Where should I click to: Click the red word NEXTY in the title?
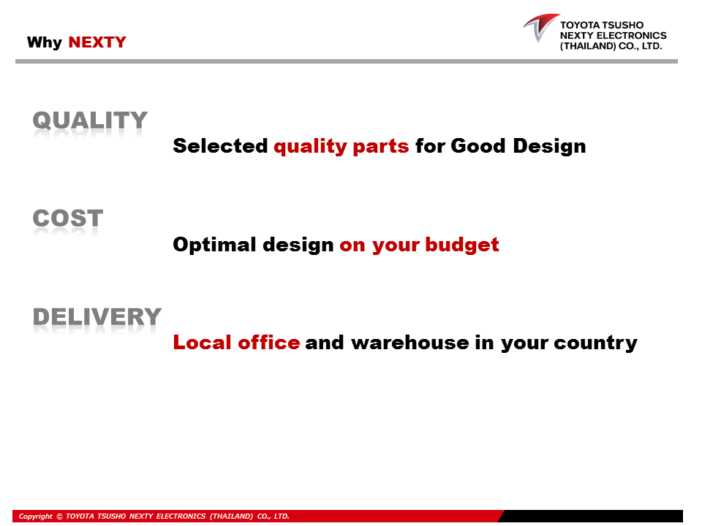click(x=97, y=42)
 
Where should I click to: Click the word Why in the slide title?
click(x=45, y=42)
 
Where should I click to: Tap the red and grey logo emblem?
click(x=540, y=27)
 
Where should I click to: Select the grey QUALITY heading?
click(x=90, y=121)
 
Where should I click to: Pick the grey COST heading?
click(x=68, y=218)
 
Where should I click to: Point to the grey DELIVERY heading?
click(x=97, y=316)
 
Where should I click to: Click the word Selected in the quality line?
click(x=220, y=146)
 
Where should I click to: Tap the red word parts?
click(x=380, y=147)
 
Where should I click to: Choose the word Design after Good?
click(x=549, y=147)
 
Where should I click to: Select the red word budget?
click(x=462, y=245)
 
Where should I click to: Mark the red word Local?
click(x=202, y=343)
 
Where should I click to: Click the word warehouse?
click(x=409, y=343)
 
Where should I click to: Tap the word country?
click(x=595, y=343)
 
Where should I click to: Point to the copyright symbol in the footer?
click(x=59, y=517)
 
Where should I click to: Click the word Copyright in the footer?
click(x=35, y=517)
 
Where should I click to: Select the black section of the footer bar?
click(x=591, y=516)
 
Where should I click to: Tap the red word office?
click(x=268, y=343)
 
